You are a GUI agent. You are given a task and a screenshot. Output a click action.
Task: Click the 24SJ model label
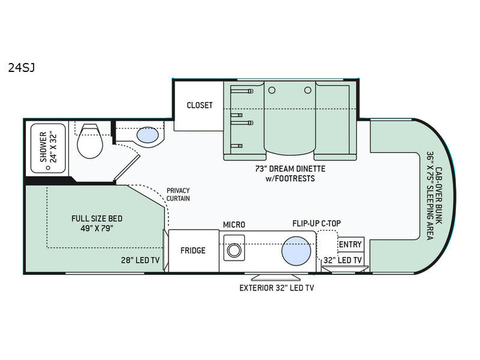click(22, 68)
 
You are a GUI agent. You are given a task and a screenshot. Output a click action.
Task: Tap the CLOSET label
click(200, 105)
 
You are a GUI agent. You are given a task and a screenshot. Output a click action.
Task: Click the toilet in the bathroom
click(89, 141)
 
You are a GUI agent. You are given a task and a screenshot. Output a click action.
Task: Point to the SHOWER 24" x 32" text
click(49, 147)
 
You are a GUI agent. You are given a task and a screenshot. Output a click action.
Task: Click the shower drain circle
click(48, 167)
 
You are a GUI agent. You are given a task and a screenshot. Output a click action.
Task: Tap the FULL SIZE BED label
click(97, 218)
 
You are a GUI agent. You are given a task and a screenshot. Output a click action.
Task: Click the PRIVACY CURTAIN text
click(178, 194)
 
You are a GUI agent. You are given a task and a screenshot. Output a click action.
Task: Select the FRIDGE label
click(193, 250)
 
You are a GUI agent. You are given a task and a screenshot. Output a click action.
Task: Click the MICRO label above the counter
click(234, 224)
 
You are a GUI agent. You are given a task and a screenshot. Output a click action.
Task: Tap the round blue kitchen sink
click(296, 251)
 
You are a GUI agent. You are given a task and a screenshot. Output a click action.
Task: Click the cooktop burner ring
click(234, 251)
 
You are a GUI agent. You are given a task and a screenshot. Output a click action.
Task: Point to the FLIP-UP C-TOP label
click(317, 223)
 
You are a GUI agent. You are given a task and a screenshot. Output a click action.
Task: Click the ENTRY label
click(350, 244)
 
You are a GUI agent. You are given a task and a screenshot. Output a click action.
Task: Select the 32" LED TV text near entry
click(343, 260)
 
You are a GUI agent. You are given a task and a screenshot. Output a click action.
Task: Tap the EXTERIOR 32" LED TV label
click(277, 288)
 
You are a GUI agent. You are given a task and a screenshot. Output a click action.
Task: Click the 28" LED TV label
click(140, 260)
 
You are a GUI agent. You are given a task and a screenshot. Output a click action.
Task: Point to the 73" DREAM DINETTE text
click(290, 169)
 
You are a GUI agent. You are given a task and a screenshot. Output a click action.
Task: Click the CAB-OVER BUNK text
click(439, 196)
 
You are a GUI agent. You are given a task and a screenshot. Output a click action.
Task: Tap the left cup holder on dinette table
click(272, 91)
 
